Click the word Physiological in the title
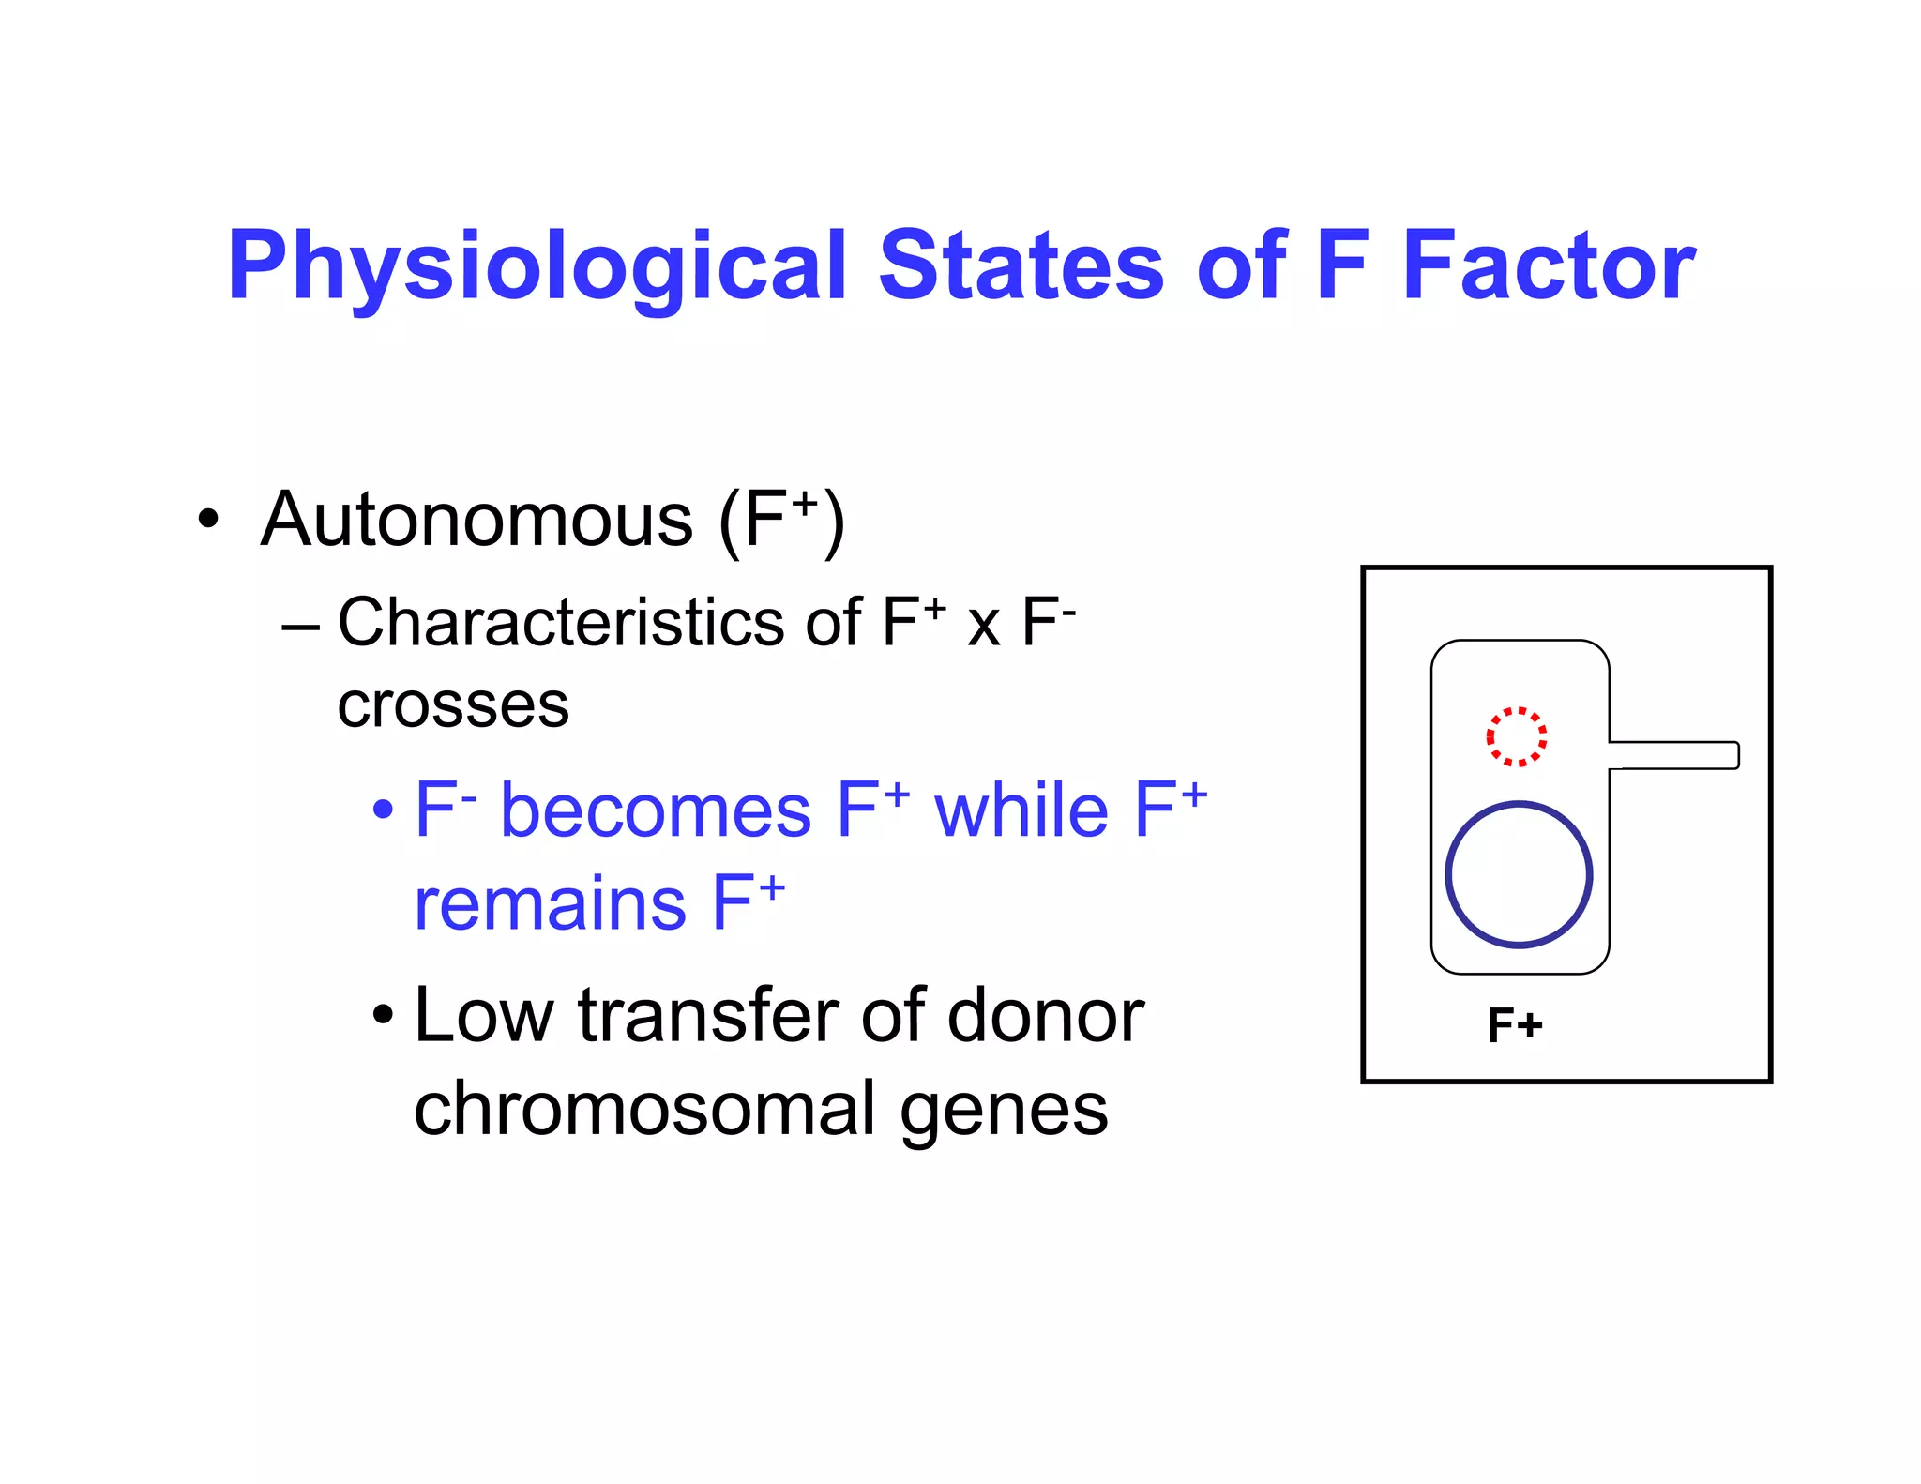tap(537, 267)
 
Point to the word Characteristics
tap(561, 623)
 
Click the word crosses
tap(453, 705)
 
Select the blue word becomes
tap(656, 811)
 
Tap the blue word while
tap(1021, 811)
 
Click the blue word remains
tap(551, 904)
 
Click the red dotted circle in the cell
tap(1516, 736)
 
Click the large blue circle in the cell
tap(1518, 874)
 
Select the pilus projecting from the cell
tap(1675, 755)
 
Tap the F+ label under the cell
tap(1514, 1025)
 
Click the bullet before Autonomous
tap(208, 520)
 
